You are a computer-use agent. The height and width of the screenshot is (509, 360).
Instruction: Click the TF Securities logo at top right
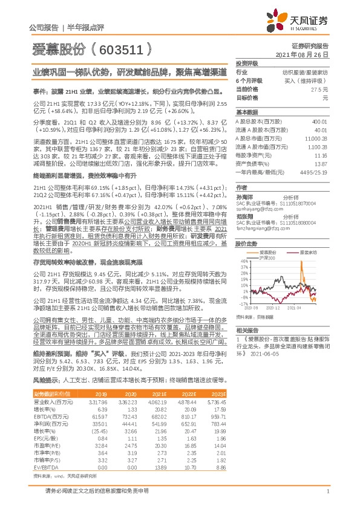pos(305,21)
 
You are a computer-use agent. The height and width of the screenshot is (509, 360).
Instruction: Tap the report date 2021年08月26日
pos(306,54)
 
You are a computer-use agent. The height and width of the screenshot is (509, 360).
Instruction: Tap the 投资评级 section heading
pos(246,63)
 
